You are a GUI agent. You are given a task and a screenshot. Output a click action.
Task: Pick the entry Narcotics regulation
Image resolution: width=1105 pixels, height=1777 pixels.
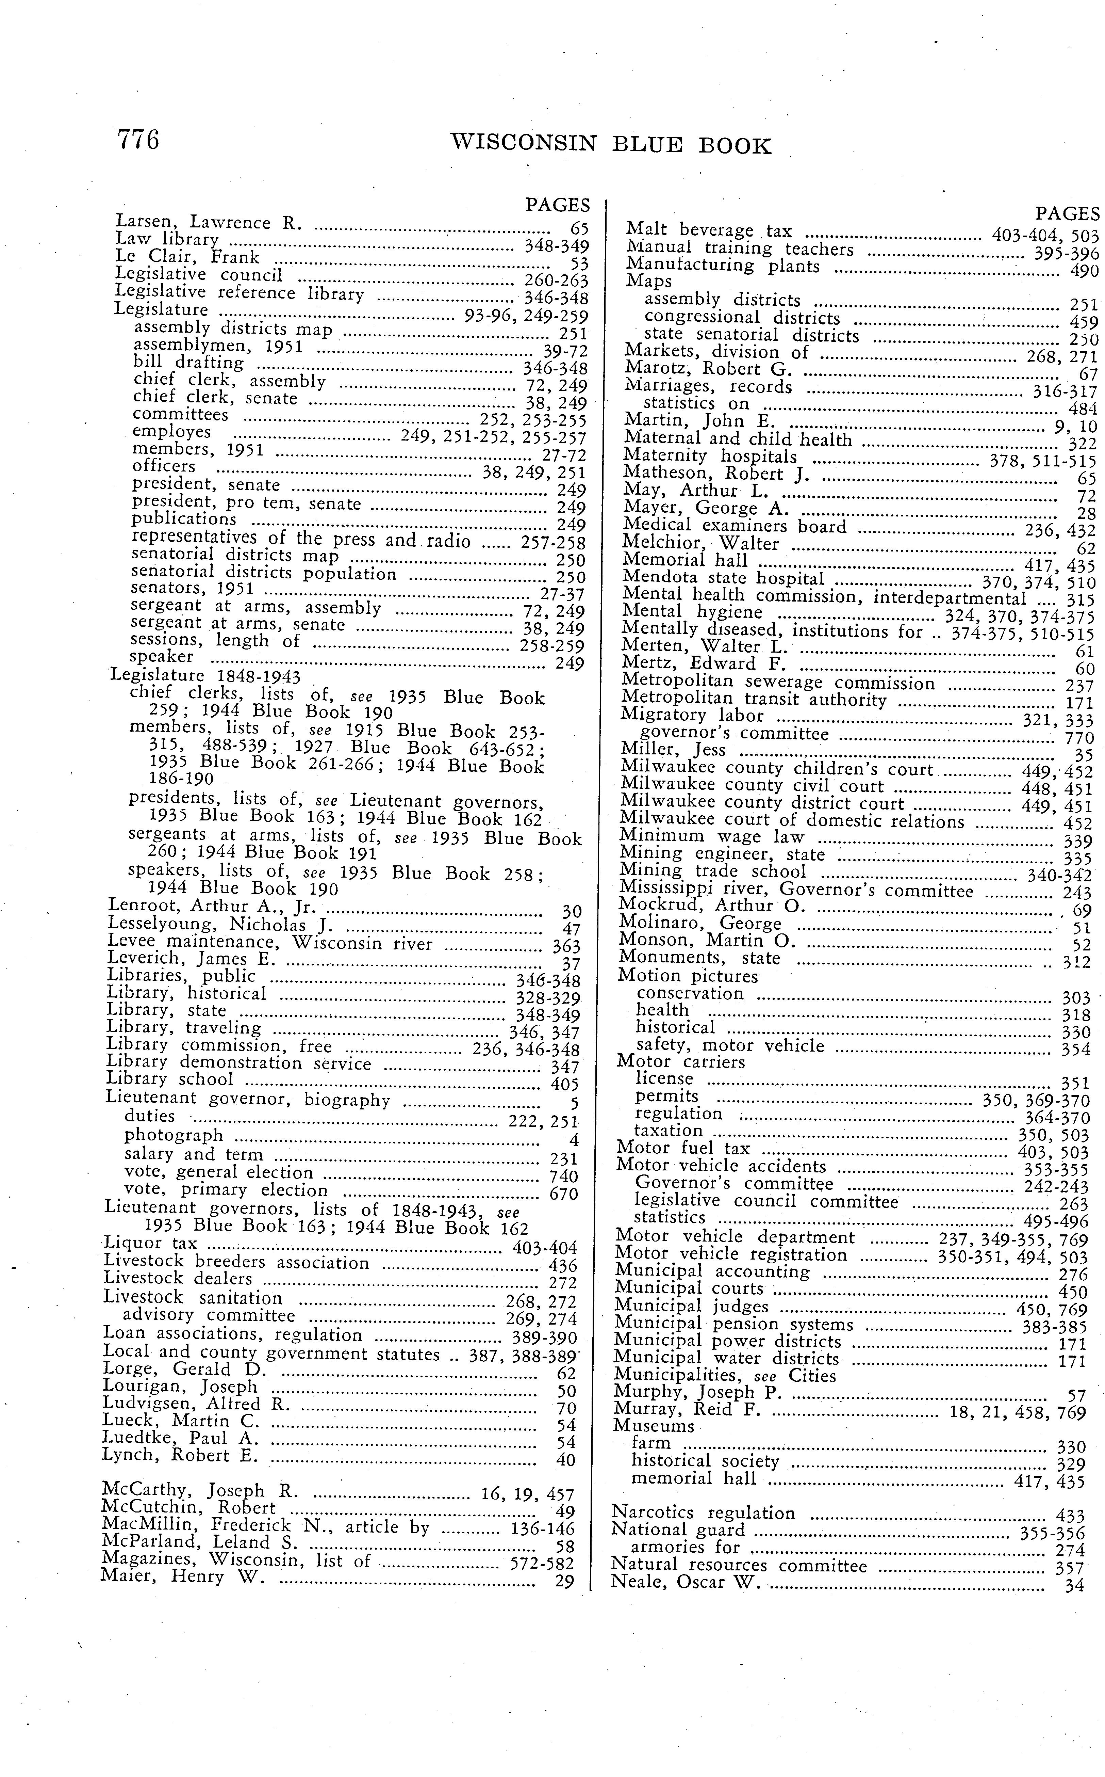pyautogui.click(x=702, y=1513)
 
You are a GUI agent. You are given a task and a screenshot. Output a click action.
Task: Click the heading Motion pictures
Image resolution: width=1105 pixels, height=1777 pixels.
pyautogui.click(x=688, y=976)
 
